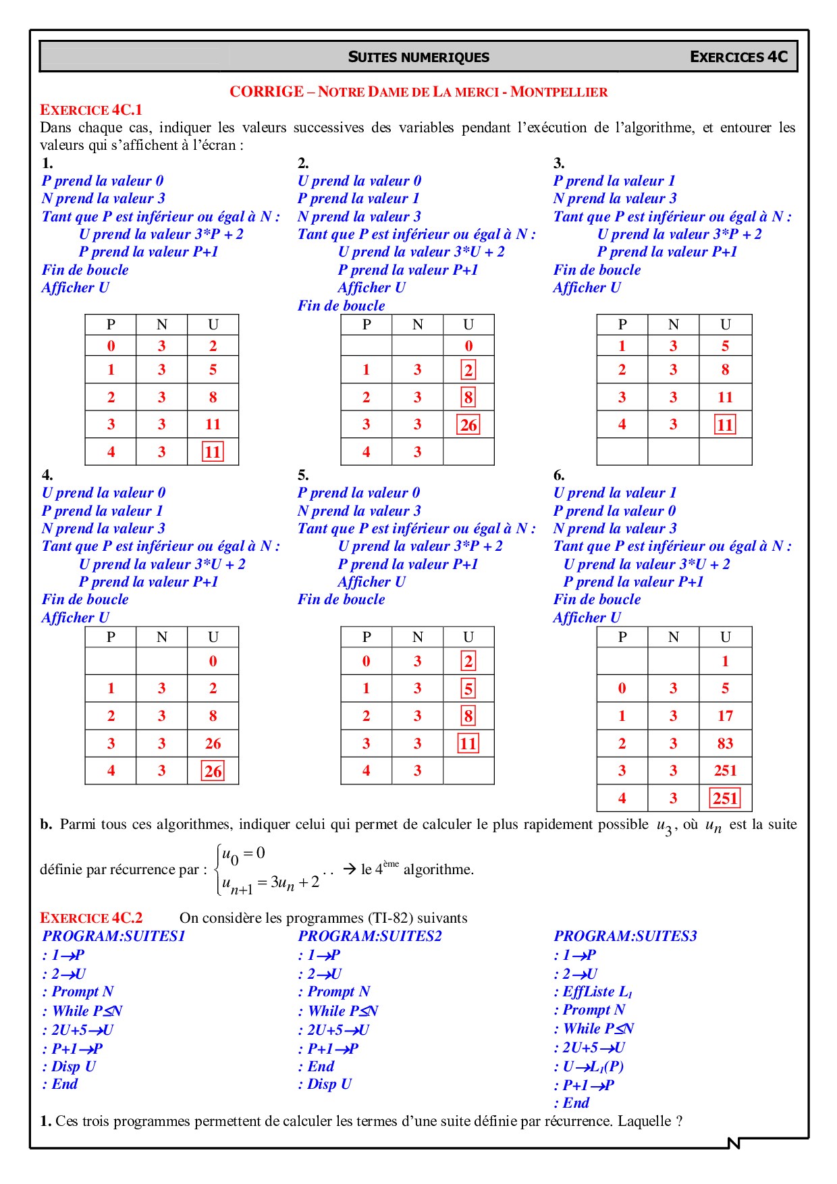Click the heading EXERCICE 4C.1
click(x=91, y=110)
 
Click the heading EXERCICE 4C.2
click(x=91, y=918)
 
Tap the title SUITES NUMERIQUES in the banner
click(x=418, y=57)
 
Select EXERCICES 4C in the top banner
click(x=738, y=57)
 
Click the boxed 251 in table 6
click(x=725, y=799)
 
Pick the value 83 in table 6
click(x=725, y=744)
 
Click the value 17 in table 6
click(x=725, y=716)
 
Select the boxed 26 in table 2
click(x=468, y=425)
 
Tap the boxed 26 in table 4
click(x=213, y=772)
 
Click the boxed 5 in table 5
click(x=468, y=689)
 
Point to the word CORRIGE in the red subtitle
click(x=267, y=92)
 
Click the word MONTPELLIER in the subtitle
click(x=559, y=92)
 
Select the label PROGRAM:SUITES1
click(x=113, y=936)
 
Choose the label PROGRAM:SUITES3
click(x=625, y=936)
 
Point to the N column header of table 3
click(x=673, y=325)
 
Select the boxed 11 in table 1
click(x=213, y=452)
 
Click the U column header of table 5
click(x=468, y=637)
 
